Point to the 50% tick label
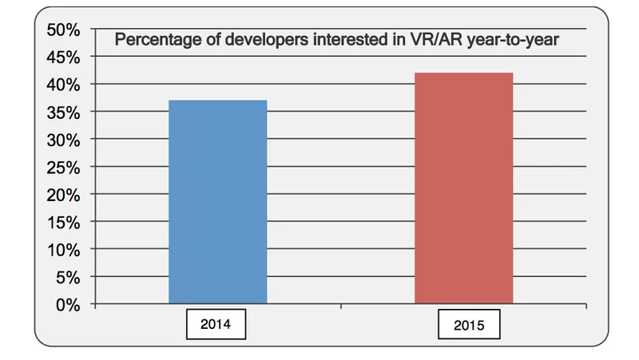(x=63, y=30)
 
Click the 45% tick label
(x=63, y=57)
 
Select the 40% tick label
(x=63, y=85)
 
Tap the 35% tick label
(x=63, y=113)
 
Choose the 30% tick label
(x=63, y=140)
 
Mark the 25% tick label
(x=63, y=168)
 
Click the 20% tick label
(x=63, y=195)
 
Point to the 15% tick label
(x=63, y=223)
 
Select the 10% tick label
(x=63, y=250)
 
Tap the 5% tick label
(x=67, y=278)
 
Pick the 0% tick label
(x=67, y=305)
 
